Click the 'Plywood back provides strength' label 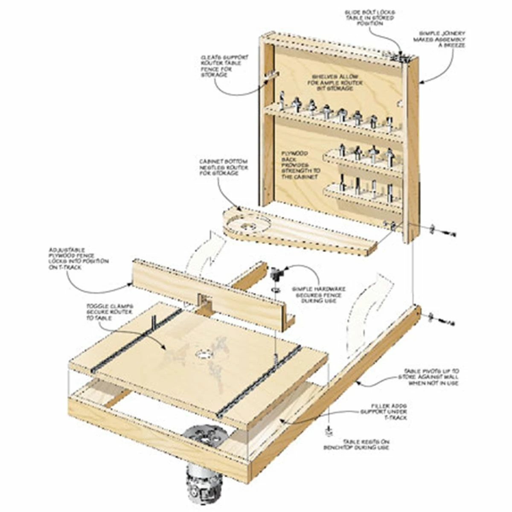point(300,165)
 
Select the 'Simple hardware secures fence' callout point(313,295)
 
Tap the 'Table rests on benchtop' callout point(370,444)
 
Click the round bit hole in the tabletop point(204,355)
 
